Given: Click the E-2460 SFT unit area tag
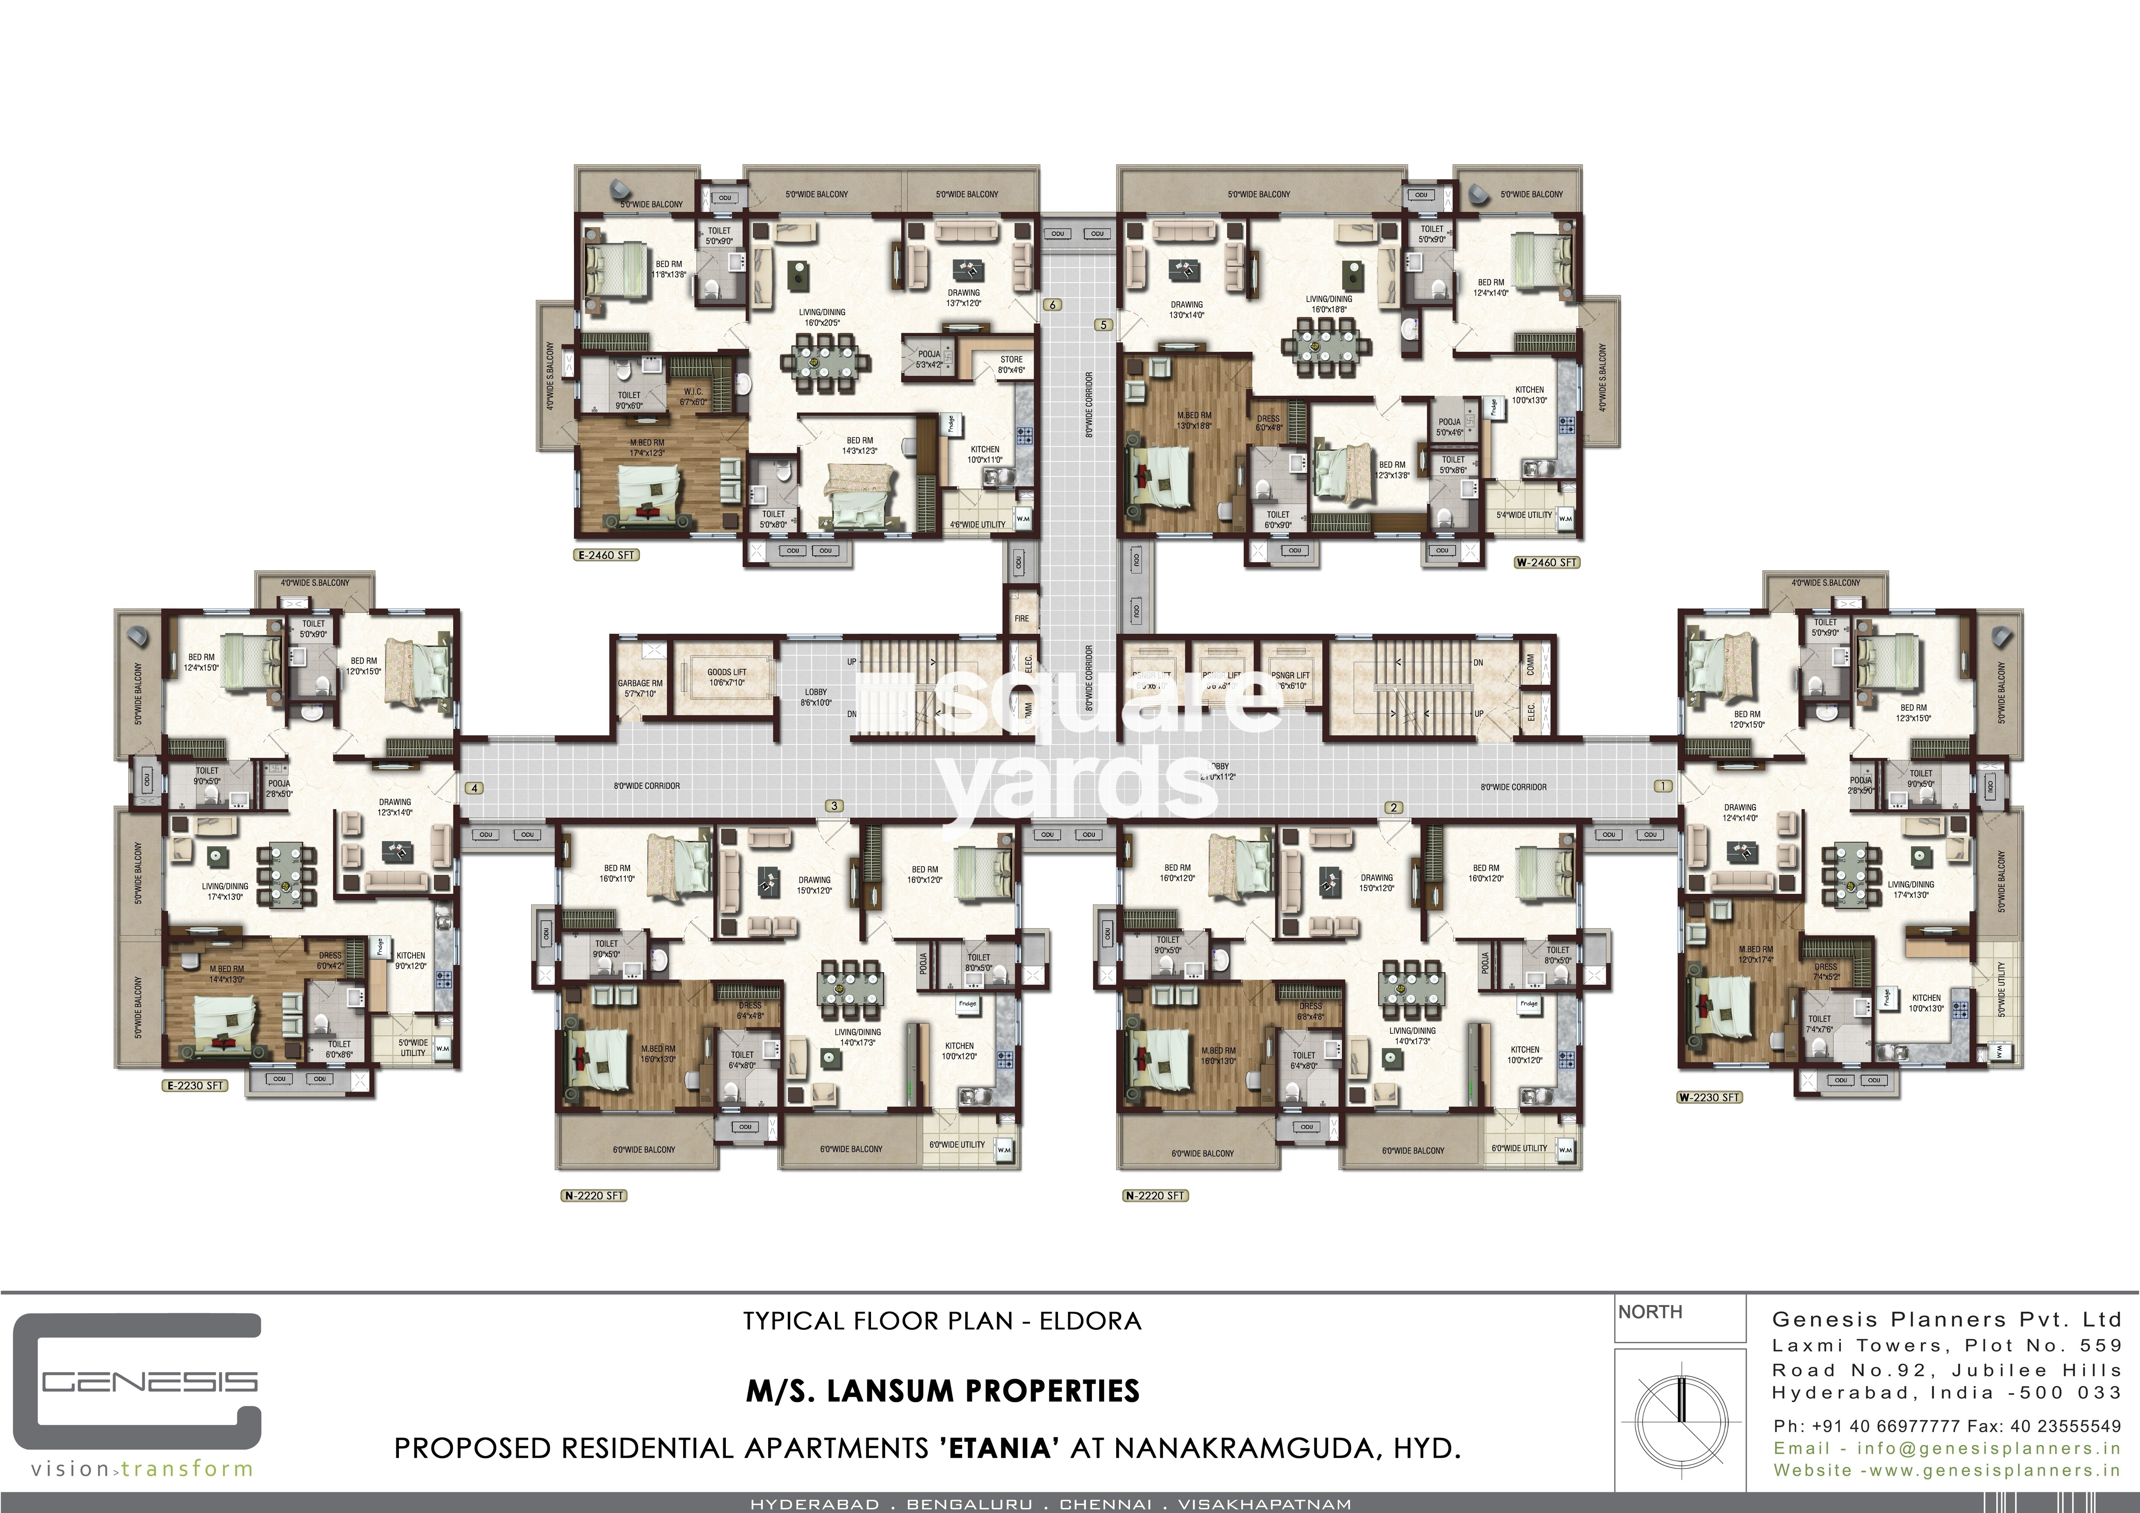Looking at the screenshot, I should point(606,555).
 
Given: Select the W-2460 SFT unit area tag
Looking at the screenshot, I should point(1546,563).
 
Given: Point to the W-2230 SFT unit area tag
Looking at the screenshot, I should point(1709,1098).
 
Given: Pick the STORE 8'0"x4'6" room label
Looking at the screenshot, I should point(1011,364).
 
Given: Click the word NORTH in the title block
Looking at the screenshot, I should point(1650,1312).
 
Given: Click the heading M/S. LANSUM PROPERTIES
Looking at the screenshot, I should point(942,1391).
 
